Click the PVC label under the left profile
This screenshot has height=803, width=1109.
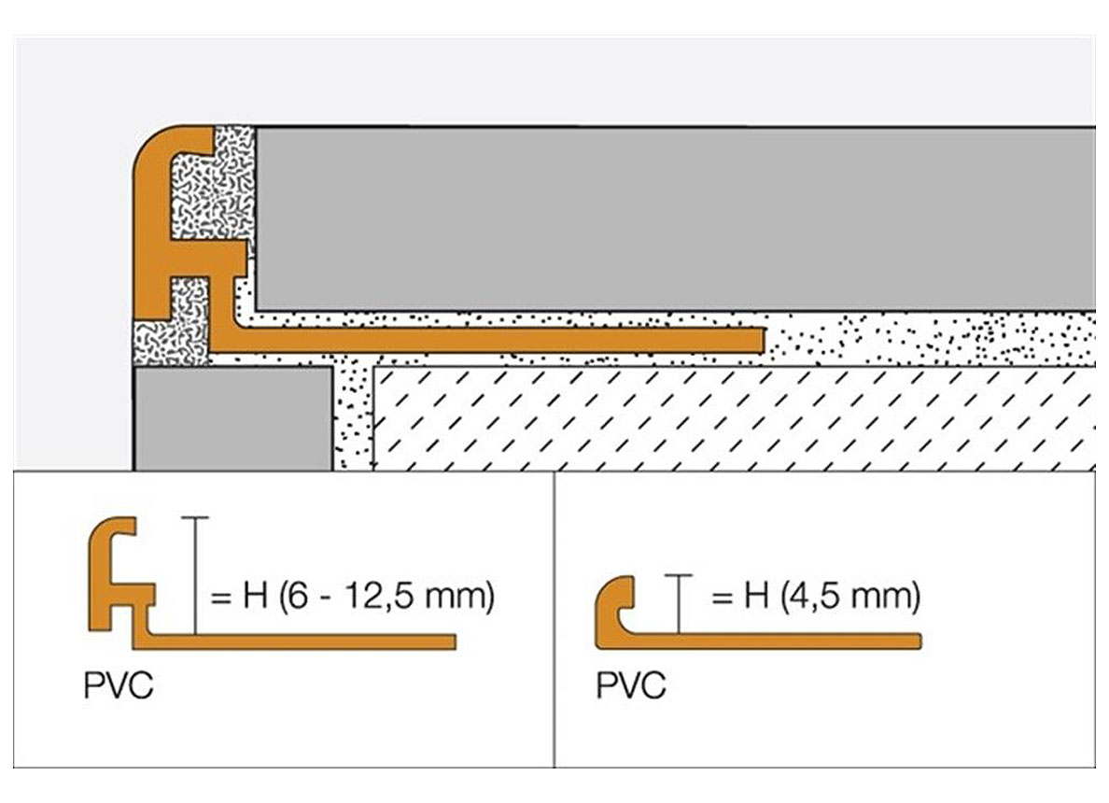point(119,685)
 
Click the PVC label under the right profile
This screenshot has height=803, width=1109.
point(631,685)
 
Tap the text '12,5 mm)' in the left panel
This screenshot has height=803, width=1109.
point(419,596)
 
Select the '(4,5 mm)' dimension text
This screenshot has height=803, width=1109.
point(850,596)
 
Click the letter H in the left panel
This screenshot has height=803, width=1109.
point(256,596)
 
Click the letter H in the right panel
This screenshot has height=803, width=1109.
point(756,596)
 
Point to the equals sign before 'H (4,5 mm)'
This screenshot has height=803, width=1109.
point(722,598)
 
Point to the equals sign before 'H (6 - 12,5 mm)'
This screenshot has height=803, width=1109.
point(220,598)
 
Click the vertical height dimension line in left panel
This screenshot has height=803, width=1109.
point(195,576)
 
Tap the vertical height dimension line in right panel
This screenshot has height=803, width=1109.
point(679,604)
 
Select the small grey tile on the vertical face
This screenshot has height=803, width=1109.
point(233,418)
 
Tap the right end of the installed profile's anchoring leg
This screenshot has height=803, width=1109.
point(763,340)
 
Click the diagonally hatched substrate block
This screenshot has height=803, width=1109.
point(734,418)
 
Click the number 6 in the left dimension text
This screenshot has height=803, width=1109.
point(299,596)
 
